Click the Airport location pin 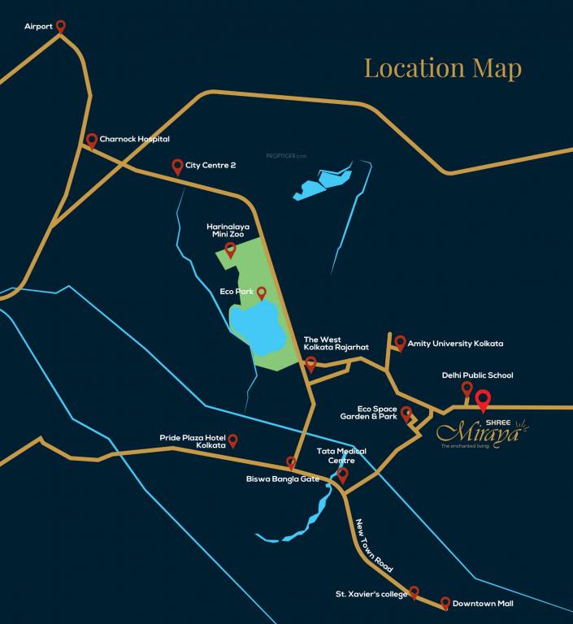pos(60,26)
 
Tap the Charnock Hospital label pos(134,140)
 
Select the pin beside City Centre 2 pos(177,166)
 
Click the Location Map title pos(442,68)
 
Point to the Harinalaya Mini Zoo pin pos(231,249)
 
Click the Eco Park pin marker pos(261,292)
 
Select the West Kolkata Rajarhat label pos(336,343)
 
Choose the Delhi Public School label pos(477,375)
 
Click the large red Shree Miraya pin pos(483,400)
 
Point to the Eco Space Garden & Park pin pos(406,414)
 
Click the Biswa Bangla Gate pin pos(291,462)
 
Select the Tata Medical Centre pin pos(342,474)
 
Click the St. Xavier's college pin pos(414,591)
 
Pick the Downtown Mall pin pos(445,602)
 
